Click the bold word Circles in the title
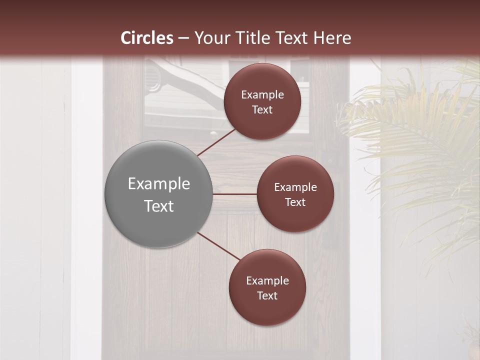[147, 38]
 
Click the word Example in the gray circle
[159, 184]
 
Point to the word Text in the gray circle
[159, 206]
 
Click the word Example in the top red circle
[262, 95]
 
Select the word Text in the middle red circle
[295, 202]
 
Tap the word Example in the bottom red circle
[267, 281]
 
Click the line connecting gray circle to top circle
[217, 142]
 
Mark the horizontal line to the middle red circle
[235, 194]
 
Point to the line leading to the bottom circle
[219, 246]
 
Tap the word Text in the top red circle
[262, 110]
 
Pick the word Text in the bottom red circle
[267, 296]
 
